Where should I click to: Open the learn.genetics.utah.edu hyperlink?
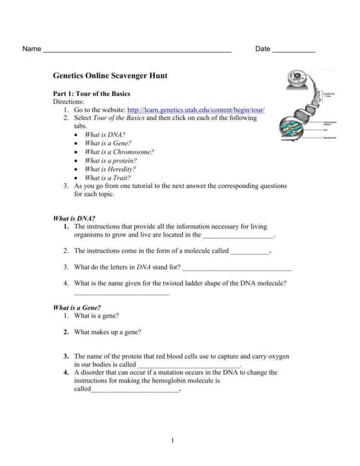tap(196, 110)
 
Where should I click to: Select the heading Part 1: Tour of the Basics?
tap(91, 94)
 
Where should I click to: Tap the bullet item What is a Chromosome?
tap(119, 152)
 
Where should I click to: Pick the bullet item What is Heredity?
tap(110, 169)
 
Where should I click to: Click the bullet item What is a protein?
tap(110, 160)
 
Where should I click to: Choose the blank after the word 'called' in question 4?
tap(135, 391)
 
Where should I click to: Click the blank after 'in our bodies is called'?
tap(188, 366)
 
